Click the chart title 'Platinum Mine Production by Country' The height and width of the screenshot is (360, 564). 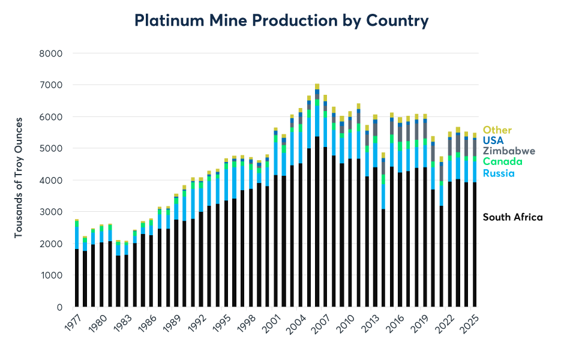(281, 20)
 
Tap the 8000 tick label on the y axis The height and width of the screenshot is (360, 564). (51, 53)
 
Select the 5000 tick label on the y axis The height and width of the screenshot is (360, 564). (51, 148)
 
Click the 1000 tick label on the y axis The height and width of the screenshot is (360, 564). (51, 275)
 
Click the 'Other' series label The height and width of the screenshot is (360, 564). (497, 130)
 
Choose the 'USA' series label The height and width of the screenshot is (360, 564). (494, 140)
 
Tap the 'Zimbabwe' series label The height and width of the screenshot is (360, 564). (509, 151)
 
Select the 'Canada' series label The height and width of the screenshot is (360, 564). (502, 162)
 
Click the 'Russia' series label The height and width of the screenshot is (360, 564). (499, 173)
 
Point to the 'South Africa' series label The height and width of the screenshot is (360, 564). (512, 217)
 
